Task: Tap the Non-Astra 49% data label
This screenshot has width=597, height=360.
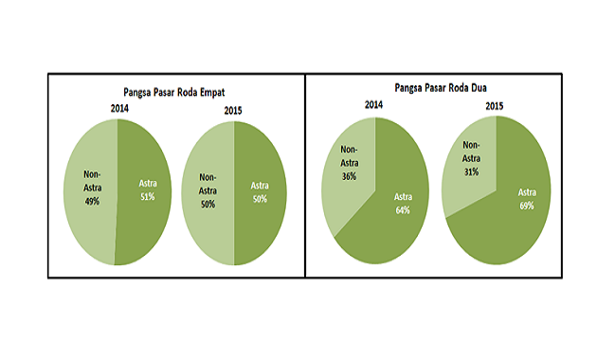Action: tap(91, 189)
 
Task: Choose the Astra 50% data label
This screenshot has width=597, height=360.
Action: tap(260, 192)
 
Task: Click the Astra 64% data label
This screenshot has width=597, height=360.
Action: tap(402, 204)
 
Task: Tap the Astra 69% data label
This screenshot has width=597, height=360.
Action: tap(527, 198)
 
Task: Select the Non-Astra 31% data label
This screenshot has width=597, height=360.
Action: tap(471, 159)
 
